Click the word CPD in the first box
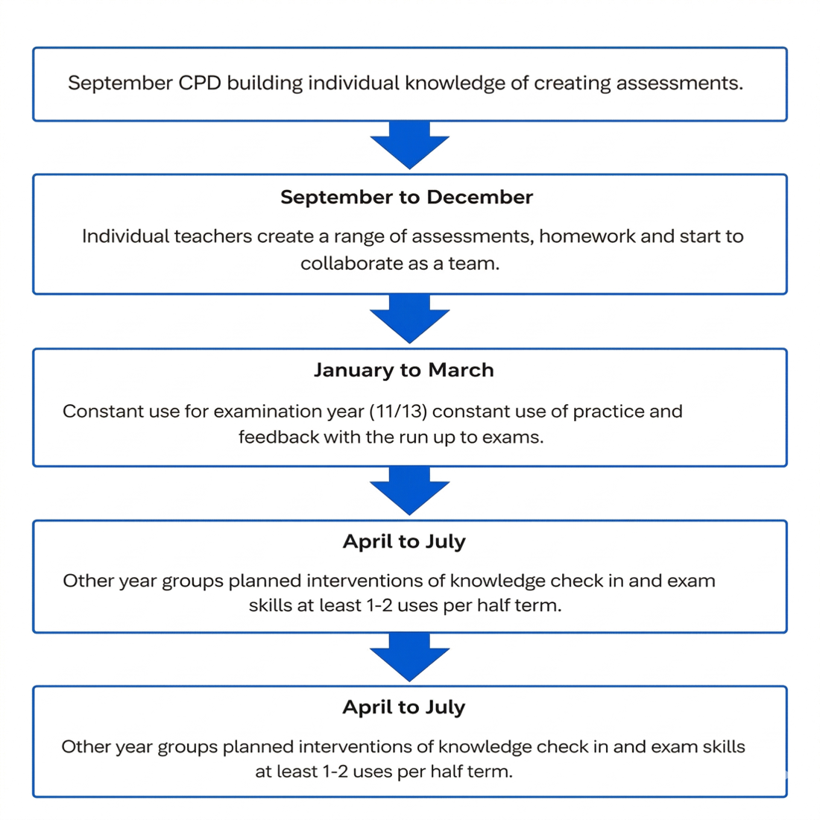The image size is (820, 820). pyautogui.click(x=200, y=83)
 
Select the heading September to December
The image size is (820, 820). pyautogui.click(x=406, y=197)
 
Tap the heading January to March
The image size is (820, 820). pyautogui.click(x=404, y=370)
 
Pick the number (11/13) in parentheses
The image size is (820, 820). pyautogui.click(x=399, y=411)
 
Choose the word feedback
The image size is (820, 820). pyautogui.click(x=278, y=437)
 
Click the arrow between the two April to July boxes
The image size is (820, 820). pyautogui.click(x=409, y=656)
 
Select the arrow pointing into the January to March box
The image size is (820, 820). pyautogui.click(x=409, y=318)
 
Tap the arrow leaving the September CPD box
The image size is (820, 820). pyautogui.click(x=409, y=145)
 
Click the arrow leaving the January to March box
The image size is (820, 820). pyautogui.click(x=409, y=490)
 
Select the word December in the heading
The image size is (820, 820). pyautogui.click(x=479, y=197)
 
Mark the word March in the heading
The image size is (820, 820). pyautogui.click(x=461, y=370)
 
